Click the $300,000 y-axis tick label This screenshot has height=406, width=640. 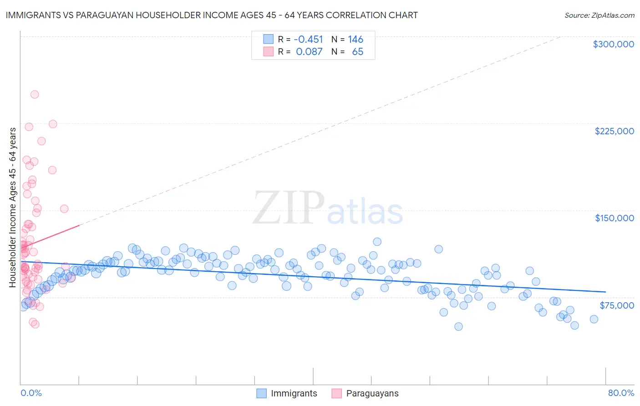coord(613,44)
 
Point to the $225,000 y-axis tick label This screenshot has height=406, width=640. coord(614,131)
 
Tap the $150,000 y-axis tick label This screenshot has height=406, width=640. coord(614,218)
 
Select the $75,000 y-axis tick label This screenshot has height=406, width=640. coord(616,305)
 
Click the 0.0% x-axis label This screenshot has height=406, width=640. coord(31,393)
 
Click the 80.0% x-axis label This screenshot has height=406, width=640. coord(621,393)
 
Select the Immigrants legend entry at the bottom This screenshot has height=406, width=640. coord(287,393)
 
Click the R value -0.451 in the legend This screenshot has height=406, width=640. coord(308,40)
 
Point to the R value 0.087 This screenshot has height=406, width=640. coord(309,52)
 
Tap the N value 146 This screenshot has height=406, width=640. coord(356,40)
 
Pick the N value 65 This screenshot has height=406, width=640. coord(357,52)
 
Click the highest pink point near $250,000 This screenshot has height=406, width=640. coord(35,95)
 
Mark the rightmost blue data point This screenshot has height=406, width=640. coord(594,319)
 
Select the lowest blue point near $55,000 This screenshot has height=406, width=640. coord(458,326)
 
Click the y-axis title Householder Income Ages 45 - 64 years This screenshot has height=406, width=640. coord(13,207)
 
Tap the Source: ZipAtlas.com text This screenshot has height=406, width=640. coord(599,15)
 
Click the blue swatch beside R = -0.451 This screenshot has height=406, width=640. coord(268,40)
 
